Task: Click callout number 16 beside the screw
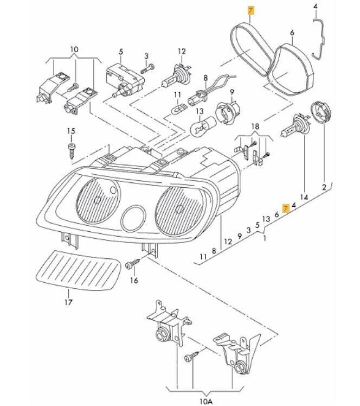click(x=133, y=281)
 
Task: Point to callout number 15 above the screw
click(x=69, y=131)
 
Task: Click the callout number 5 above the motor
click(x=121, y=52)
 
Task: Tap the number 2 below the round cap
click(x=324, y=187)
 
